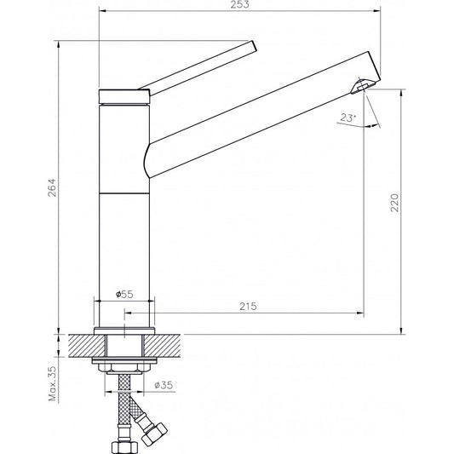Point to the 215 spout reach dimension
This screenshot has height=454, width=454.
click(249, 306)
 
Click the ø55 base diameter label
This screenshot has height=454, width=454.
click(124, 294)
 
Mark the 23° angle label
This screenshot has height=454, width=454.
click(346, 119)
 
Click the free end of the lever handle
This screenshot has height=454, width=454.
click(252, 46)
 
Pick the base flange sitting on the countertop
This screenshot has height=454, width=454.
click(126, 328)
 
